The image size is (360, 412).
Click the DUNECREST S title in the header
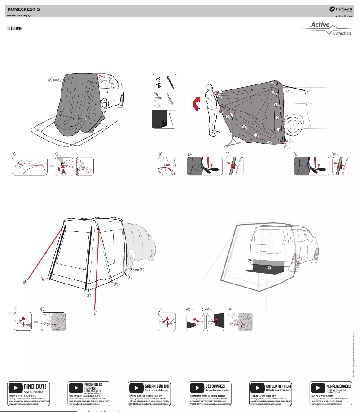24,9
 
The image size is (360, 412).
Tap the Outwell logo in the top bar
341,9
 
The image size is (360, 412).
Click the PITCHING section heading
15,28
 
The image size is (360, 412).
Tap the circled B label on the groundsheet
37,129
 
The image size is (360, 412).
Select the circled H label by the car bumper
250,261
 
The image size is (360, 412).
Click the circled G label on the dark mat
269,268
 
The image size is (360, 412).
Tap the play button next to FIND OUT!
16,387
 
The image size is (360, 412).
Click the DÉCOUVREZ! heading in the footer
215,385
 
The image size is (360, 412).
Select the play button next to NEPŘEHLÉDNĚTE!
318,387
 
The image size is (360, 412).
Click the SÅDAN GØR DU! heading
157,385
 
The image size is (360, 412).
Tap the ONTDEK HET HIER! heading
279,385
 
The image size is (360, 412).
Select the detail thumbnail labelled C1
204,166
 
